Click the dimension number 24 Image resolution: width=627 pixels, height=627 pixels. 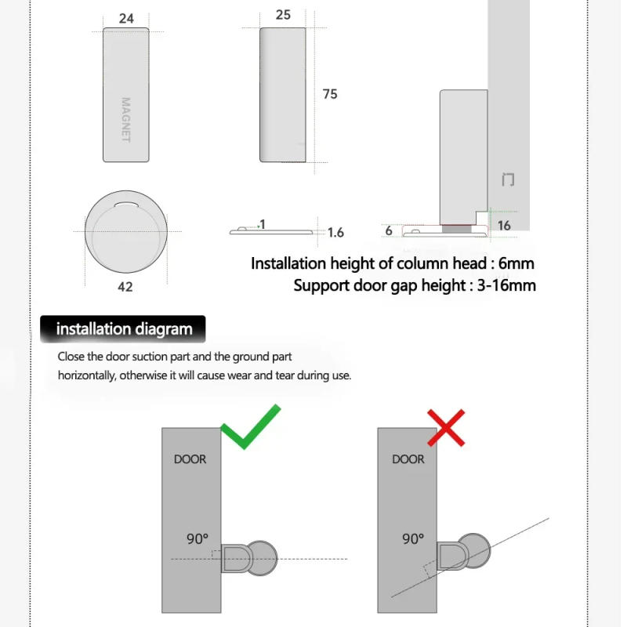(x=126, y=18)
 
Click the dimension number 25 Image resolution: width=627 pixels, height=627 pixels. (x=283, y=15)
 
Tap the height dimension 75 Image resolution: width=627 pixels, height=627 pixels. (x=330, y=94)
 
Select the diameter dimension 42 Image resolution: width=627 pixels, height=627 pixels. (x=125, y=287)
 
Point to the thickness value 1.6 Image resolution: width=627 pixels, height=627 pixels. (x=335, y=233)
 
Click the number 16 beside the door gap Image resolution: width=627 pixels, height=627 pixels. (x=504, y=226)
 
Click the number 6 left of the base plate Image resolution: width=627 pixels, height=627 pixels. (x=389, y=231)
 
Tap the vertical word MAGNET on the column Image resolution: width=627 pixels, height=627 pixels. (x=125, y=119)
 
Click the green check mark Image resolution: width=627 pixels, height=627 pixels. (x=250, y=427)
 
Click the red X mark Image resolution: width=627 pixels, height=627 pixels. (x=446, y=427)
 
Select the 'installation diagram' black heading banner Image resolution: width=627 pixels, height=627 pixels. (x=123, y=329)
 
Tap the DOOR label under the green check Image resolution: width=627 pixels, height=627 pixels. (x=190, y=459)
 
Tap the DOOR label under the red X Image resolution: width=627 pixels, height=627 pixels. (x=408, y=459)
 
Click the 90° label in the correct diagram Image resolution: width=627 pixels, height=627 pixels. (x=198, y=538)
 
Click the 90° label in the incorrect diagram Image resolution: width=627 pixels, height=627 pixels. (x=413, y=538)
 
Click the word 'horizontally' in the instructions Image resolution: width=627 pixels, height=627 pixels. (x=87, y=375)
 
